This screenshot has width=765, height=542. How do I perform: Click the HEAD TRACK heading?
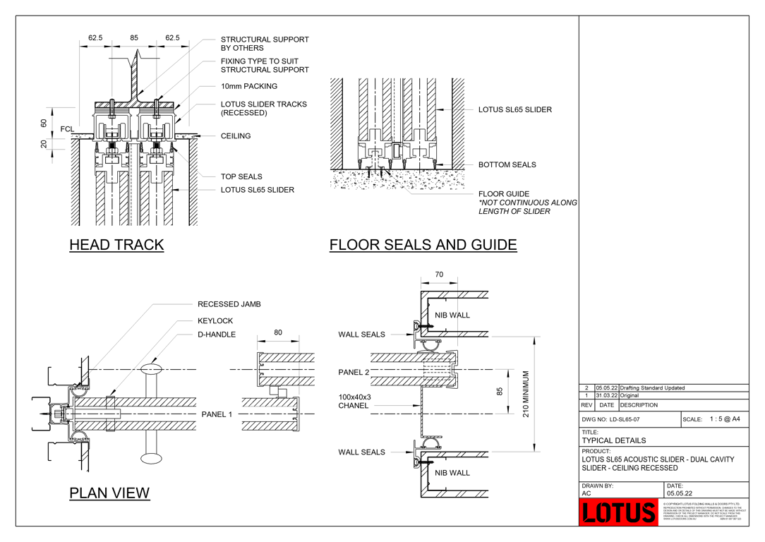click(x=116, y=245)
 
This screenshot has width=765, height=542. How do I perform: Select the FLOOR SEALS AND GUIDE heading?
click(x=423, y=245)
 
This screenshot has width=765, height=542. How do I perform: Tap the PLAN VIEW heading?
click(x=109, y=493)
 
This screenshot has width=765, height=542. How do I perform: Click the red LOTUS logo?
click(x=619, y=512)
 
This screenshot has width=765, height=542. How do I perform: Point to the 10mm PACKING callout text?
click(x=249, y=86)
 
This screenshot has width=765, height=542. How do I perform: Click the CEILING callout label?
click(x=236, y=136)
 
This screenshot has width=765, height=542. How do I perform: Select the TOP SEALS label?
click(x=241, y=177)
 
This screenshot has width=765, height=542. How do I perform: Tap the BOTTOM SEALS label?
click(x=507, y=165)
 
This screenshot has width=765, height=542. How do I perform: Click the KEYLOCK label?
click(x=215, y=321)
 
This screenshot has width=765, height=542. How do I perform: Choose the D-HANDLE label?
click(x=217, y=335)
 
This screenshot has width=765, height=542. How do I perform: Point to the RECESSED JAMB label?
click(x=229, y=304)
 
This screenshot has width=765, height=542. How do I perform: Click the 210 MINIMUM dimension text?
click(x=526, y=393)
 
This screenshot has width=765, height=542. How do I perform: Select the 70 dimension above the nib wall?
click(x=439, y=275)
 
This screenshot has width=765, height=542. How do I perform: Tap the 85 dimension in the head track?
click(x=134, y=38)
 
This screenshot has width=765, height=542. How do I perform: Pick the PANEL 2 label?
click(x=354, y=372)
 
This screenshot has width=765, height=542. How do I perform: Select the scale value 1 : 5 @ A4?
click(x=725, y=419)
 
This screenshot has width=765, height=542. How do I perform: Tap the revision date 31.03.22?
click(x=606, y=396)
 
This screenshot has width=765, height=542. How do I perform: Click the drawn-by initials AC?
click(x=586, y=493)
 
